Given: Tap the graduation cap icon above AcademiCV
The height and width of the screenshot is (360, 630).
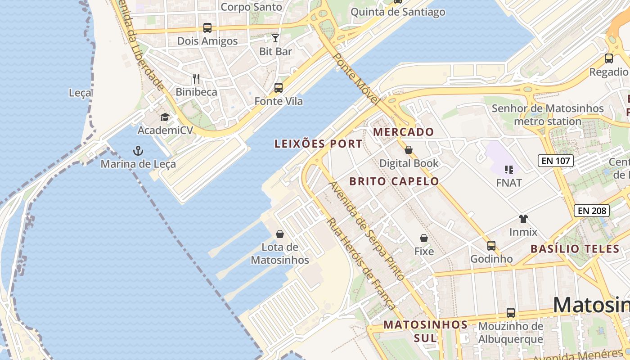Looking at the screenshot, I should [x=165, y=117].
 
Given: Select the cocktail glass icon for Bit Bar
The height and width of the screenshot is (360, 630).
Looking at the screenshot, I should [x=275, y=38].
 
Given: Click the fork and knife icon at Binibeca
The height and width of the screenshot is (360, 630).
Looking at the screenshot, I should [x=196, y=79].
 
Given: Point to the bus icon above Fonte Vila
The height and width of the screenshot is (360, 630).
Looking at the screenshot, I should [x=279, y=88].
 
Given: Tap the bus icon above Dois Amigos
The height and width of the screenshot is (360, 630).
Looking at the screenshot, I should [x=207, y=28].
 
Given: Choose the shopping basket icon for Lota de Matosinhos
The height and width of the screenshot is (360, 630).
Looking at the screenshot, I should [x=280, y=234].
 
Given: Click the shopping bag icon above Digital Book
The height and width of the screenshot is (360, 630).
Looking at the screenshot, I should [x=409, y=150].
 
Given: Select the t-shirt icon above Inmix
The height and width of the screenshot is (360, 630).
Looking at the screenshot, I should [x=523, y=219].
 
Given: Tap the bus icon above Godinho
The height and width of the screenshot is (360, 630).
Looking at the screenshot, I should [x=491, y=246].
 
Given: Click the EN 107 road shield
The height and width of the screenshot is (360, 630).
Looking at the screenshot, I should [x=556, y=160].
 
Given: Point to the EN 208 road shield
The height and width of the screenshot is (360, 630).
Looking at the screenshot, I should [x=592, y=210].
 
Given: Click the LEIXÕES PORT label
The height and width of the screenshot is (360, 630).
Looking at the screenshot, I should [x=318, y=144].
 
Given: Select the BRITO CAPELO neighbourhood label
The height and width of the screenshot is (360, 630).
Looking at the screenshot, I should [x=394, y=181].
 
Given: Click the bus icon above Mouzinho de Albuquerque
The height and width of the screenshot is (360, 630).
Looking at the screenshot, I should [x=511, y=313].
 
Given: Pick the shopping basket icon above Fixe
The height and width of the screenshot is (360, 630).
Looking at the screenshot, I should [x=423, y=238].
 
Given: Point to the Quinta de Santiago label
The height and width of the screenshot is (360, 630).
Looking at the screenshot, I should [x=398, y=12].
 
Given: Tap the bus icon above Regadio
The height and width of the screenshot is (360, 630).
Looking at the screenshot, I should [x=609, y=58].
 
